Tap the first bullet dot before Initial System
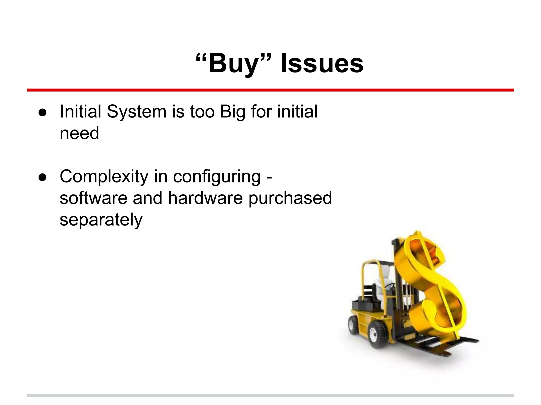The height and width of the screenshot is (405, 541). click(42, 112)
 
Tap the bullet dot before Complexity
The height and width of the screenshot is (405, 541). click(42, 177)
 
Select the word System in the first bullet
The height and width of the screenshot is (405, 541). click(137, 112)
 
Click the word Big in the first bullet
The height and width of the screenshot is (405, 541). click(232, 112)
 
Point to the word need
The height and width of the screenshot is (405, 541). click(79, 133)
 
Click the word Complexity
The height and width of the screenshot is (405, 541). click(104, 177)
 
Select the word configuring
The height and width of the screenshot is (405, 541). click(217, 177)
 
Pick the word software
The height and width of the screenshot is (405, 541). click(93, 198)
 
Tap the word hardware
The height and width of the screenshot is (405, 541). click(205, 198)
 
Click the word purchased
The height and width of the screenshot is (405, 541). click(290, 198)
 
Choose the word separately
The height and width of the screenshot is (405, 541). click(101, 220)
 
